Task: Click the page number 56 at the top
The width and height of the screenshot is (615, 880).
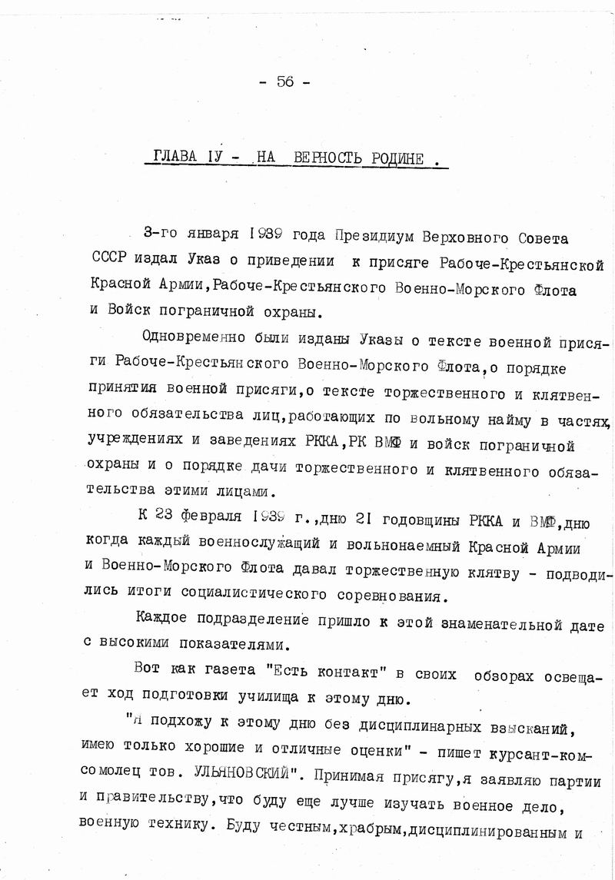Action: click(285, 83)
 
